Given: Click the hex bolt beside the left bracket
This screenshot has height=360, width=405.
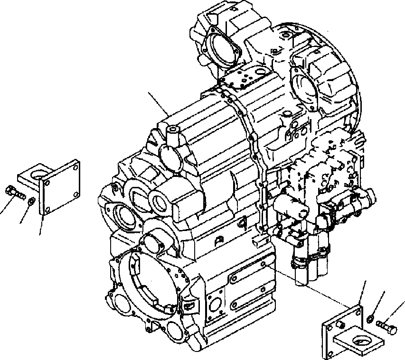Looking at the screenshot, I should [15, 193].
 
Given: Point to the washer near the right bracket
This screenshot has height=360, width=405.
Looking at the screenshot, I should [372, 317].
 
